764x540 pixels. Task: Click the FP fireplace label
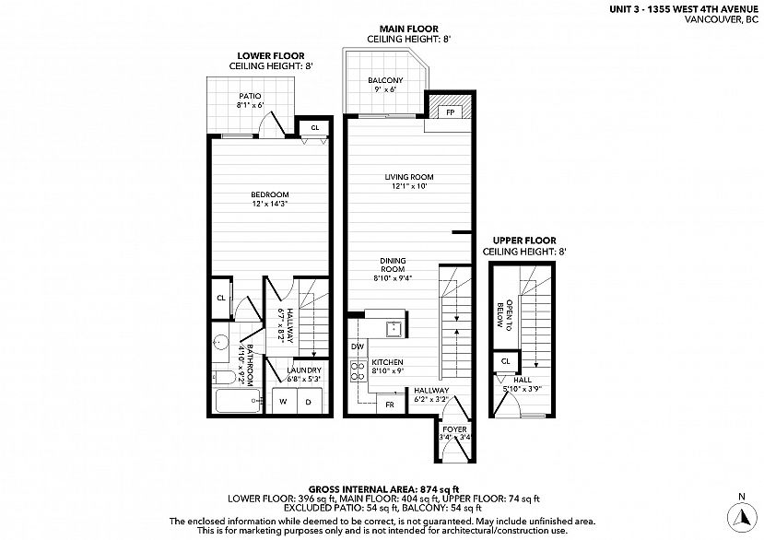coord(451,112)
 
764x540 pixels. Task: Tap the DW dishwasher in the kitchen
coord(358,346)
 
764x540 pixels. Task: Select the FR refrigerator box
coord(391,405)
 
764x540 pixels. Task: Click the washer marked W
coord(284,402)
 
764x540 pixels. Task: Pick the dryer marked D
coord(309,402)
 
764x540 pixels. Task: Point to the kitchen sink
coord(394,329)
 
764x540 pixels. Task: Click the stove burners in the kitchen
coord(358,370)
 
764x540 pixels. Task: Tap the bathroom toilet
coord(224,377)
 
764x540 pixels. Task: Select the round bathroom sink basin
coord(221,342)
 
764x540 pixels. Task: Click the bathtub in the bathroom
coord(238,401)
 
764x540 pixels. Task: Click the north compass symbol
coord(742,516)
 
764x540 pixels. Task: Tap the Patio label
coord(250,96)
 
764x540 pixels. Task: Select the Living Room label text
coord(409,177)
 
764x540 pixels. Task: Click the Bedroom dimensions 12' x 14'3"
coord(270,204)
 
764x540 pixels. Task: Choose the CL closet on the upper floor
coord(506,361)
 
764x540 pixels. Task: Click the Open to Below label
coord(504,315)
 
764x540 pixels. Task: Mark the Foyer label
coord(454,429)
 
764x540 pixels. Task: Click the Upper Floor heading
coord(524,241)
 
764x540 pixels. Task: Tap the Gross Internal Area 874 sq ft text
coord(384,488)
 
